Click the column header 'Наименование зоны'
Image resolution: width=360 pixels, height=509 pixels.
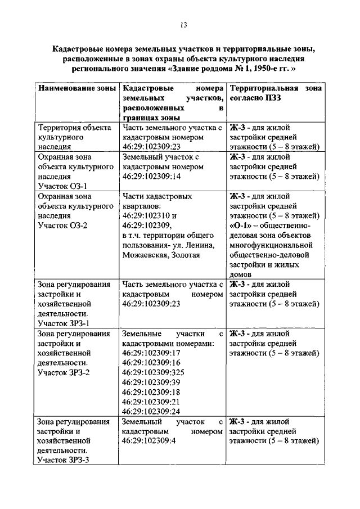76,89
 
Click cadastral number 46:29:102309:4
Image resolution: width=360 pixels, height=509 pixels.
149,442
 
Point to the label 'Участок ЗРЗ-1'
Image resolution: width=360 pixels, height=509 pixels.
64,323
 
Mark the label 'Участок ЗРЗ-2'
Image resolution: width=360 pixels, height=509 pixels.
64,372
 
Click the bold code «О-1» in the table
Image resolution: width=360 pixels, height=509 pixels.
240,226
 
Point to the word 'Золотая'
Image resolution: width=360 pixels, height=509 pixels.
184,255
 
